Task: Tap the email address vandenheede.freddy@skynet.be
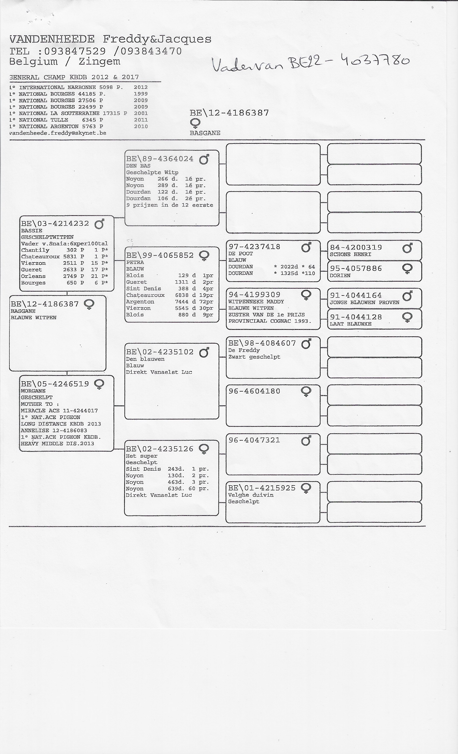point(58,133)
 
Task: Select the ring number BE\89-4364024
point(160,159)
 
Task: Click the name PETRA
point(135,263)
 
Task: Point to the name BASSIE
point(32,231)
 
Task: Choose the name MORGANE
point(33,391)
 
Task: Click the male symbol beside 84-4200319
point(407,247)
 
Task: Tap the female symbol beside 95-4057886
point(407,269)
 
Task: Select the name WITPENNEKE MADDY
point(256,302)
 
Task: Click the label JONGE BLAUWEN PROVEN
point(364,303)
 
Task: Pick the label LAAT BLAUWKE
point(351,324)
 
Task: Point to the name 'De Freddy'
point(244,350)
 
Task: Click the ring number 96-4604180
point(254,391)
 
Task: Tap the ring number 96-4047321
point(254,440)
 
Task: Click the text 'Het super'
point(141,456)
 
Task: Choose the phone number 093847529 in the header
point(75,51)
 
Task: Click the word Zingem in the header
point(99,61)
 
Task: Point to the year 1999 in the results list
point(141,94)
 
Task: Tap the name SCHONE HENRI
point(350,254)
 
